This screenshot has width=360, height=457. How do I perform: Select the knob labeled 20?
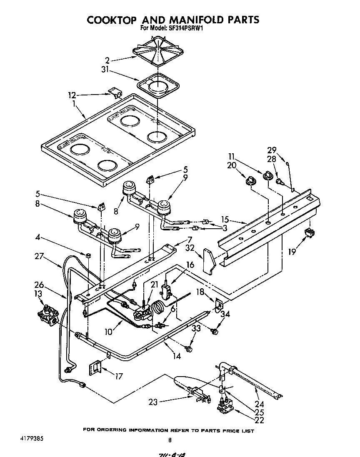pos(250,180)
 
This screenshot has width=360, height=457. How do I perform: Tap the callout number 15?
pos(225,219)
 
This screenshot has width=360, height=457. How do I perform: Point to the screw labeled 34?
pos(215,331)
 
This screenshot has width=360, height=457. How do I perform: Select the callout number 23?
pos(153,402)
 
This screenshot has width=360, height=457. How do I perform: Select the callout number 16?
pos(190,265)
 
